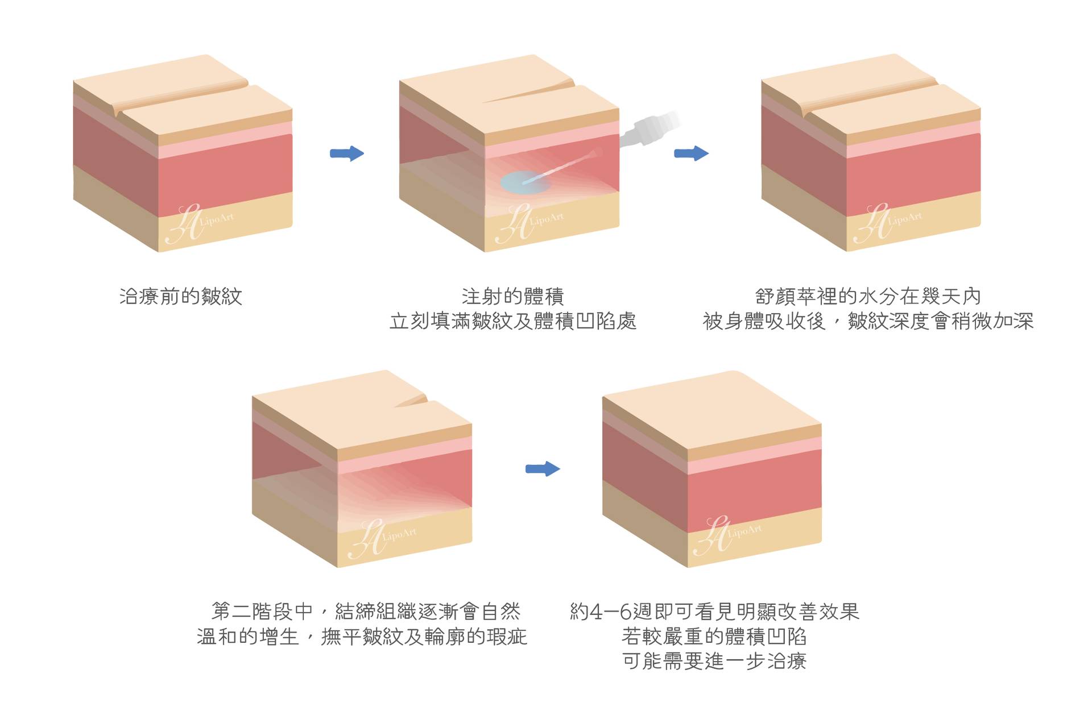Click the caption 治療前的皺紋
[181, 297]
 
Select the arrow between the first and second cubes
[346, 153]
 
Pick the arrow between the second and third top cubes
[691, 153]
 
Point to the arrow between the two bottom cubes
[543, 469]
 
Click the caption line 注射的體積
[512, 297]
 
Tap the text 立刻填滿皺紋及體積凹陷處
[512, 322]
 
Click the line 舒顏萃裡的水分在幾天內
[868, 297]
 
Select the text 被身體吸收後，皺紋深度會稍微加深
[868, 322]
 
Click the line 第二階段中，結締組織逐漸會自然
[366, 612]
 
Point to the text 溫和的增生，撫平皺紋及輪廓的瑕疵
[362, 637]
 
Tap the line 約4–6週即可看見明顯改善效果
[714, 612]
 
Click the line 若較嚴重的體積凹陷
[714, 637]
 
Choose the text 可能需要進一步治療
[714, 662]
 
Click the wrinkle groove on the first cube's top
[182, 97]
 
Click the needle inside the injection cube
[563, 166]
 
